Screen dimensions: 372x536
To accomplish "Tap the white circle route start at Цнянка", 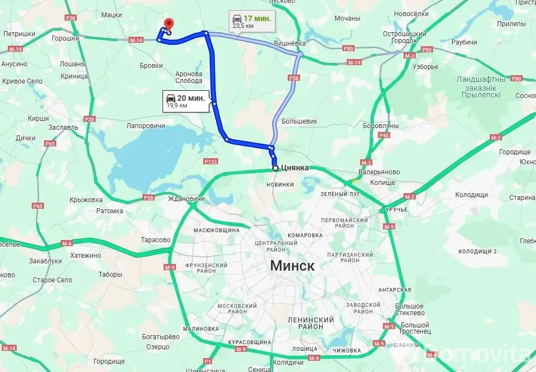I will pos(275,168).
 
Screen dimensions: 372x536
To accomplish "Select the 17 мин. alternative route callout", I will pos(253,21).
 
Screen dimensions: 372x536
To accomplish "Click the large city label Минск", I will pos(292,266).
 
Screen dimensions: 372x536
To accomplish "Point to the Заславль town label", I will pos(63,127).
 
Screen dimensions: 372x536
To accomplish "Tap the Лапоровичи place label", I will pos(146,126).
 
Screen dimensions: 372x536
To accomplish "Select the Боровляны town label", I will pos(381,126).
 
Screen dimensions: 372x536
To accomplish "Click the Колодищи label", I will pos(471,194).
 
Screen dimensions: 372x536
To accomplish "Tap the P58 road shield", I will pos(294,79).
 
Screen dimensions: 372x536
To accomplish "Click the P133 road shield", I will pos(211,161).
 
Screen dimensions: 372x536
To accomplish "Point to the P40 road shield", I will pos(383,135).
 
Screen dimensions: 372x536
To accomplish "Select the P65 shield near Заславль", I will pos(50,144).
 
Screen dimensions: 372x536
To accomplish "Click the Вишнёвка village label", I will pos(289,43).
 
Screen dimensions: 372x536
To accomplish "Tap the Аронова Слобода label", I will pos(189,77).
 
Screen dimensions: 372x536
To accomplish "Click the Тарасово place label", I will pos(156,240).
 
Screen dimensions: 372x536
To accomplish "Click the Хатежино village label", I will pos(86,256).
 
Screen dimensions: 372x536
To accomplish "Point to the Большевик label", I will pos(299,120).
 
